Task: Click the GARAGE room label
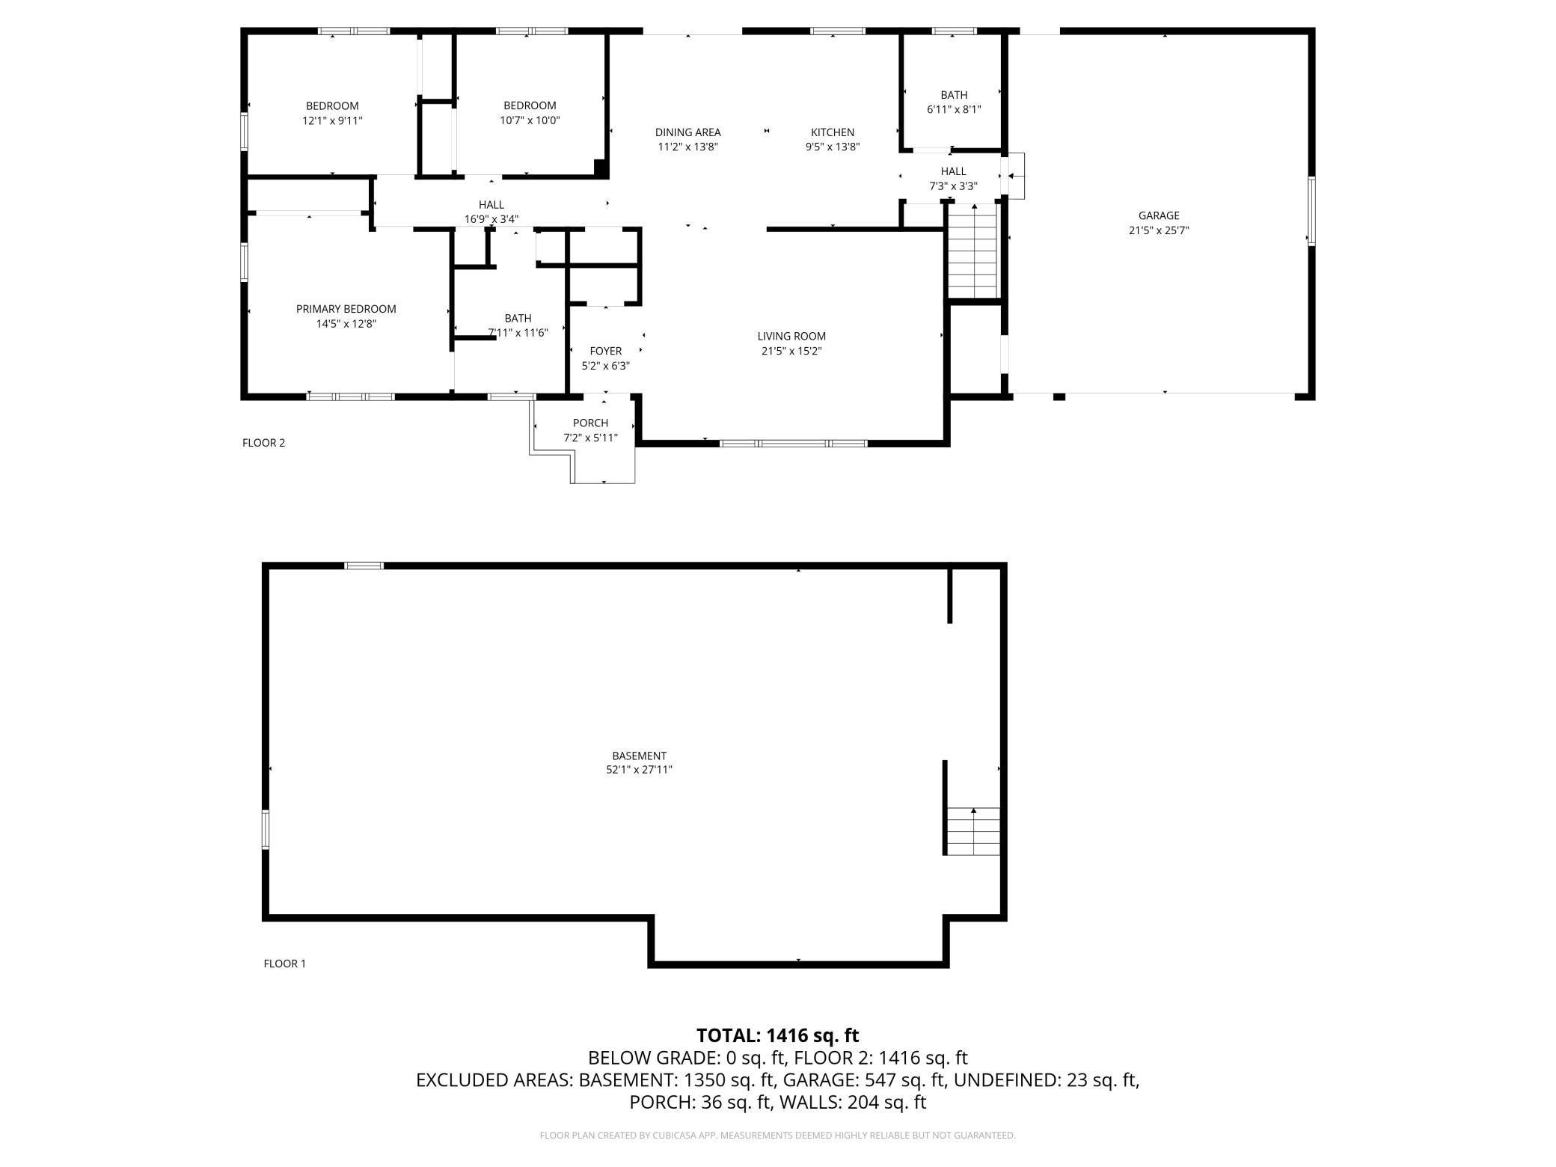(x=1158, y=215)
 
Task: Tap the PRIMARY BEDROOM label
(x=346, y=309)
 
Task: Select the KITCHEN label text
(x=832, y=132)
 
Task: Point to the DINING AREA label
(x=687, y=132)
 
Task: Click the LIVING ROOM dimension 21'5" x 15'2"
(x=791, y=351)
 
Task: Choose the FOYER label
(x=605, y=351)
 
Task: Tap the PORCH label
(x=590, y=423)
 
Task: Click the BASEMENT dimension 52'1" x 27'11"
(x=639, y=769)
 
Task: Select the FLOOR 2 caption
(x=263, y=443)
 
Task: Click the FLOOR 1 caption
(x=284, y=964)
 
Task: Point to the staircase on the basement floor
(x=972, y=831)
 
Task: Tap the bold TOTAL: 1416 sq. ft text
(x=777, y=1035)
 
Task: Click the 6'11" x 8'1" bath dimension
(x=953, y=109)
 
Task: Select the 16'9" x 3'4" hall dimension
(x=491, y=219)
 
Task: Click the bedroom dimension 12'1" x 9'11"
(x=332, y=120)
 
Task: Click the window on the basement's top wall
(x=364, y=566)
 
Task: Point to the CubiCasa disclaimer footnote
(x=777, y=1136)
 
